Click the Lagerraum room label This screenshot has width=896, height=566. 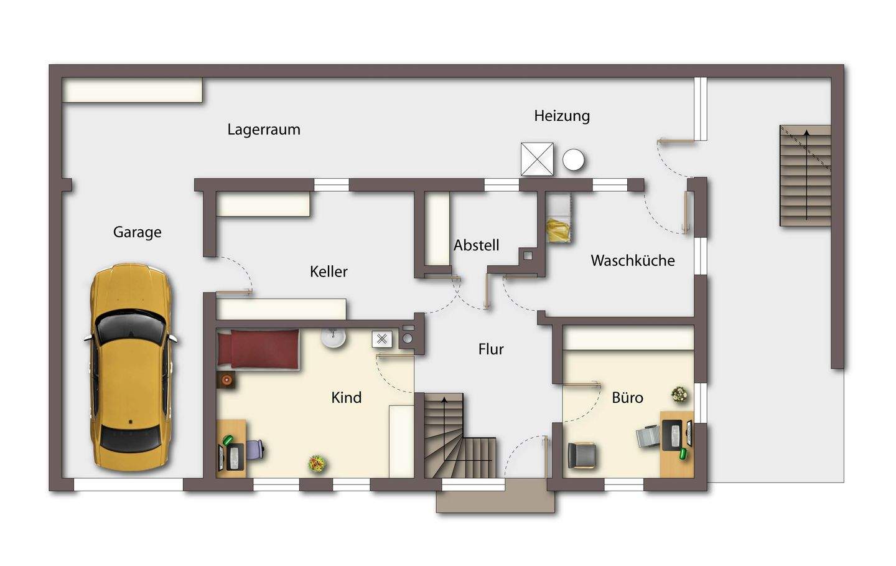pos(264,130)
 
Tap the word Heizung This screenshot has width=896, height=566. pos(562,116)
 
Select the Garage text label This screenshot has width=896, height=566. pos(137,232)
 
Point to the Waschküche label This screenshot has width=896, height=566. pos(632,260)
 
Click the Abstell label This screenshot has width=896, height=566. pos(476,245)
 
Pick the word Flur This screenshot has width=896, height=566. pos(491,349)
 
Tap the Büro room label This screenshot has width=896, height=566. pos(627,397)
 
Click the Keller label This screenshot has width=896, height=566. pos(329,271)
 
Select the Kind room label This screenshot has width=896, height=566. pos(347,397)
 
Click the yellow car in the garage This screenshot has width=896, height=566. pos(131,367)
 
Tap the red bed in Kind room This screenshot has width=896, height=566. pos(258,349)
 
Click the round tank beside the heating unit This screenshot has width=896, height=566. pos(573,159)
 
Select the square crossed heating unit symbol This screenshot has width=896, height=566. pos(537,159)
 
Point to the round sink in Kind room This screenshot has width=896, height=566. pos(334,338)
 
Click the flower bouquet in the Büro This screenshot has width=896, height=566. pos(679,395)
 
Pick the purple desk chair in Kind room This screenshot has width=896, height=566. pos(254,449)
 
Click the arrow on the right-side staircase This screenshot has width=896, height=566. pos(806,175)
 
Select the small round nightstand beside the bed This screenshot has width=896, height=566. pos(226,379)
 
